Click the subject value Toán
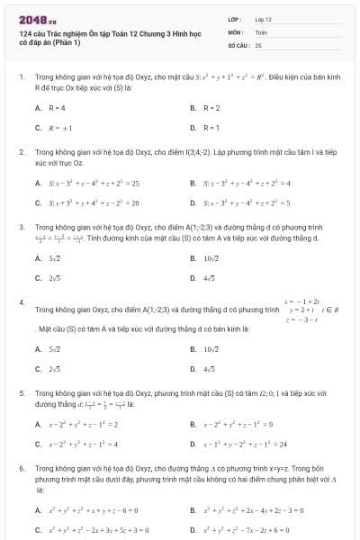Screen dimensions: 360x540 click(x=262, y=31)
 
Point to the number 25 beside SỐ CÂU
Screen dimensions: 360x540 click(x=258, y=44)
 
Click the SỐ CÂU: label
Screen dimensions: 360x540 click(x=237, y=44)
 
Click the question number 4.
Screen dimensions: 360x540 click(x=22, y=301)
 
